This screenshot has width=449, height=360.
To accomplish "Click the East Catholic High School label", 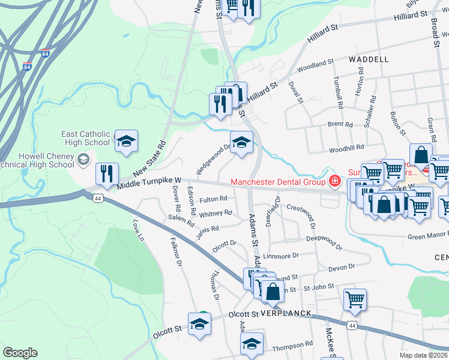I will [x=86, y=138].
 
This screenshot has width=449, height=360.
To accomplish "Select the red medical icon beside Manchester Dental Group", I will [x=334, y=181].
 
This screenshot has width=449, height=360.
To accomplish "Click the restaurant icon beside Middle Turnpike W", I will [x=107, y=173].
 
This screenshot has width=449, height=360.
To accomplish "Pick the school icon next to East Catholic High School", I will [x=126, y=141].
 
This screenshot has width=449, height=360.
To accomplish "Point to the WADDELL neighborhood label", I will [x=367, y=59].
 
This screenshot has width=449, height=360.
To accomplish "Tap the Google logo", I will [x=20, y=353].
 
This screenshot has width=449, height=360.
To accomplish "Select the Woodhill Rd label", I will [x=346, y=147].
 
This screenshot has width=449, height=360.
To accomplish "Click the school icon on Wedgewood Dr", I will [x=242, y=142].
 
